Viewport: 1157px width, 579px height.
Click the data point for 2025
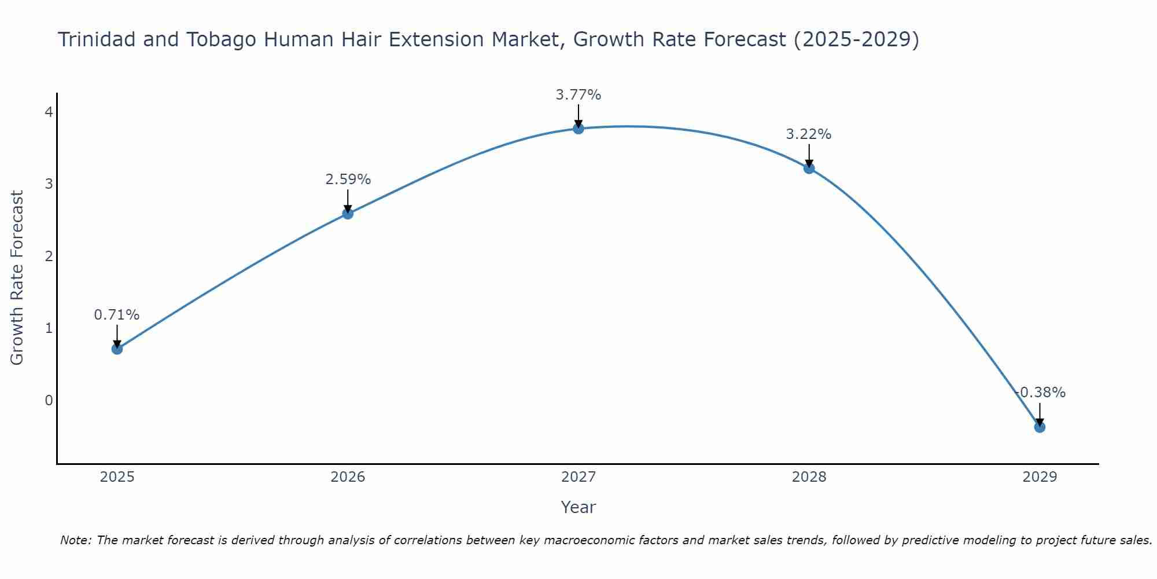117,349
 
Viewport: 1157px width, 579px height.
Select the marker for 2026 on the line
348,214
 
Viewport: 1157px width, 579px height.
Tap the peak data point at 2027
578,129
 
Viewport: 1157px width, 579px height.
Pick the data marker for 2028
809,168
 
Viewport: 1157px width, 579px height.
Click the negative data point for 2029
1040,427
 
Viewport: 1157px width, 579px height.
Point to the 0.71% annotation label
117,315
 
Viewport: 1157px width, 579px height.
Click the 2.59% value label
348,179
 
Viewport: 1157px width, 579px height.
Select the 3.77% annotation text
578,95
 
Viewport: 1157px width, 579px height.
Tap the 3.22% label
809,134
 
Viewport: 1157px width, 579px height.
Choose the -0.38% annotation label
1040,393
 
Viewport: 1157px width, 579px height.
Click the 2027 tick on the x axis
578,477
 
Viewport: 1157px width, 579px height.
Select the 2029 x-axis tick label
1040,477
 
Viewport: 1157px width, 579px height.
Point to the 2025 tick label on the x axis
117,477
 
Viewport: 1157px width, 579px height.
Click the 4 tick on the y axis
49,112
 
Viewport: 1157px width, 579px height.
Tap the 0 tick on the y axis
49,400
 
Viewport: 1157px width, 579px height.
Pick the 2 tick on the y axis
49,256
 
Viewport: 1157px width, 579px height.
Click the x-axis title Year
578,507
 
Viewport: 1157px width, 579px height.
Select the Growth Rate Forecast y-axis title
17,278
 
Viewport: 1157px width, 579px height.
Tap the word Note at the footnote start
75,540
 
